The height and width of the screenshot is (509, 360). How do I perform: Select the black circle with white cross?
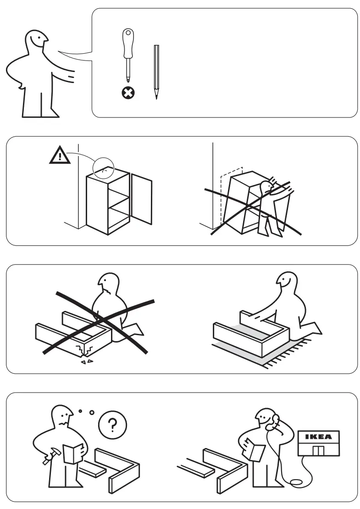128,94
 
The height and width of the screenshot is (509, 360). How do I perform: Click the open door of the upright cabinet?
142,198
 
